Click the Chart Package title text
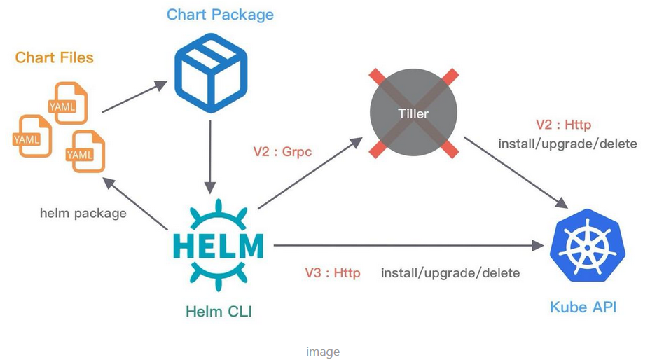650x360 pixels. coord(220,14)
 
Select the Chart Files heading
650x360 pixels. coord(54,57)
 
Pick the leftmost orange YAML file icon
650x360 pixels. coord(30,136)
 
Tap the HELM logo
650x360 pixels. coord(218,245)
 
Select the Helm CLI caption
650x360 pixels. coord(219,311)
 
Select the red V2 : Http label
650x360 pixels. coord(564,125)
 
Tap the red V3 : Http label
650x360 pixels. coord(333,272)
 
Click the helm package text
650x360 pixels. coord(83,212)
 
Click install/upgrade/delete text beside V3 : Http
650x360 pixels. coord(450,272)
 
